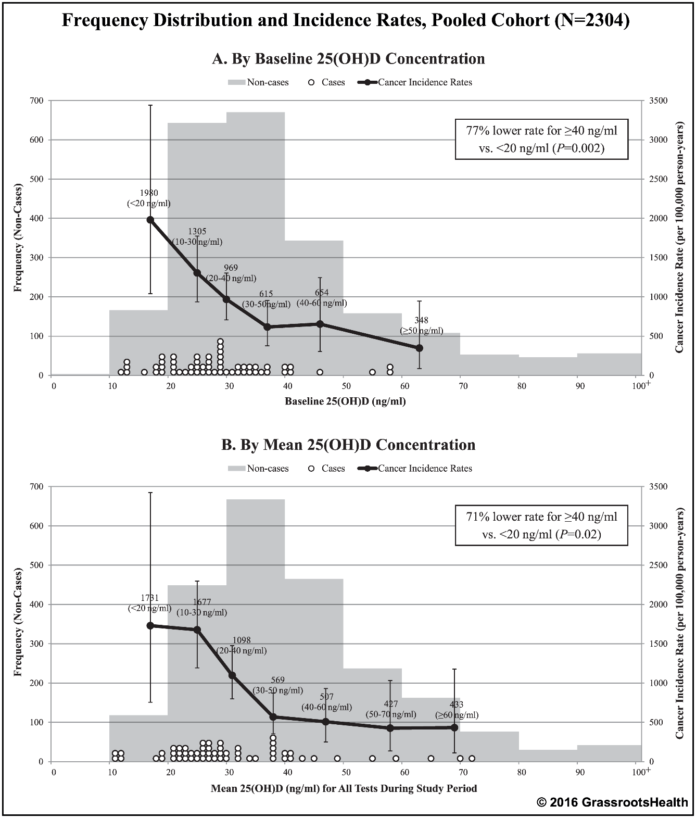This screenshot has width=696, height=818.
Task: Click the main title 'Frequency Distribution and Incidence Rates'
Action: click(x=346, y=20)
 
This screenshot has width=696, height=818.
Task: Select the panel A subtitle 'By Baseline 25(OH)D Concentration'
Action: click(x=348, y=59)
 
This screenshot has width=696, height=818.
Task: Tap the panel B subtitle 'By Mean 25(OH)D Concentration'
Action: click(x=348, y=445)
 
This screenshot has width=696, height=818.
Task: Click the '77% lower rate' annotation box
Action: click(x=541, y=139)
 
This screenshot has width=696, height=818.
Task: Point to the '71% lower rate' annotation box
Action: click(x=541, y=525)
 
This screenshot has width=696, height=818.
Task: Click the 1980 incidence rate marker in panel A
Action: click(x=150, y=220)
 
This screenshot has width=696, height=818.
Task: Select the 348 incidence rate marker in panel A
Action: click(x=419, y=348)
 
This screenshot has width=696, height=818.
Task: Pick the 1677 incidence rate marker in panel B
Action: click(x=197, y=630)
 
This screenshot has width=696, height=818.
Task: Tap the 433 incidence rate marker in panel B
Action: click(x=454, y=727)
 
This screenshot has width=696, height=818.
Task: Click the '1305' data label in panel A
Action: click(x=197, y=232)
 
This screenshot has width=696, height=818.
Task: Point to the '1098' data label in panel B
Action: click(x=242, y=640)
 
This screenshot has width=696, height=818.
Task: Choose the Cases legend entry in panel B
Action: click(x=327, y=469)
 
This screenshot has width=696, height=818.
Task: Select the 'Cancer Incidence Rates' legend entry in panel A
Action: click(x=415, y=82)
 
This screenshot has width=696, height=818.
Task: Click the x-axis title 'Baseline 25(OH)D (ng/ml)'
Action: click(x=345, y=401)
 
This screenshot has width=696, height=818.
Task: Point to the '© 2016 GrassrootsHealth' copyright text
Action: click(x=612, y=802)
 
